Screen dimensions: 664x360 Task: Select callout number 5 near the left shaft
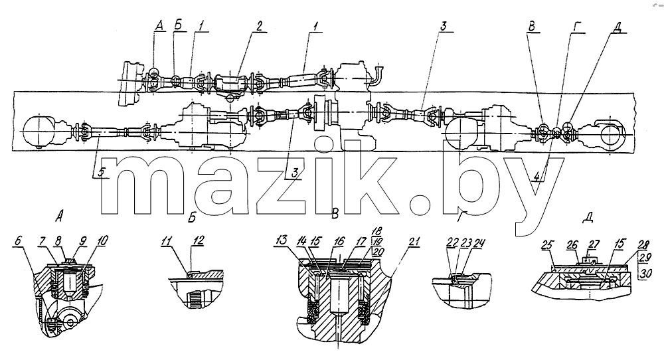[x=100, y=172]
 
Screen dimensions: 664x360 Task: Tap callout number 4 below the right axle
[x=537, y=175]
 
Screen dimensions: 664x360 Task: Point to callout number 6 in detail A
[x=17, y=240]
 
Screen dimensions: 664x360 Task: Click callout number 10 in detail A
[x=102, y=240]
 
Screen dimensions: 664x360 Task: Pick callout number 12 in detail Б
[x=198, y=240]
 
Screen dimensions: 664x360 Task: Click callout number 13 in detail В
[x=281, y=241]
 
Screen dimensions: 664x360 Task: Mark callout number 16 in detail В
[x=339, y=241]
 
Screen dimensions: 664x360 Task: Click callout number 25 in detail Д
[x=548, y=245]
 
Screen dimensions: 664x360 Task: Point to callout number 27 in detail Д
[x=594, y=245]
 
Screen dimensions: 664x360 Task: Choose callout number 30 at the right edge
[x=645, y=274]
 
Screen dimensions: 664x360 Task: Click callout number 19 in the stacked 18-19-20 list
[x=376, y=241]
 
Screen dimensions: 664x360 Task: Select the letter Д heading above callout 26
[x=588, y=218]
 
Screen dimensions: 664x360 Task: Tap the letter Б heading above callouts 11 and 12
[x=191, y=218]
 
